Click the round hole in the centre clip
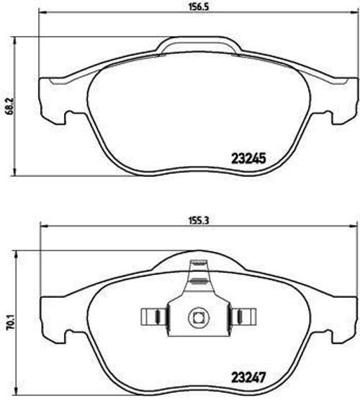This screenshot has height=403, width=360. click(x=197, y=317)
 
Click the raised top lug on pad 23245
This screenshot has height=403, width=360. click(x=197, y=46)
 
